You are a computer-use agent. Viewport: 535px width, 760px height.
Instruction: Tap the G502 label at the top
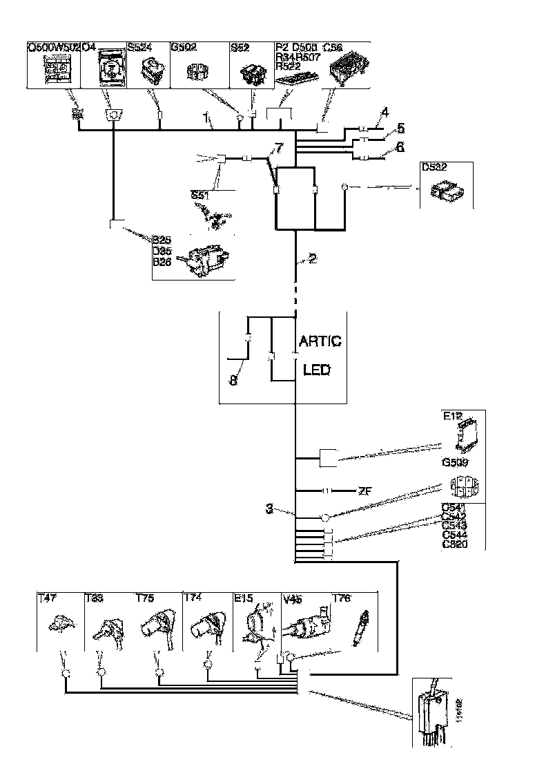[183, 48]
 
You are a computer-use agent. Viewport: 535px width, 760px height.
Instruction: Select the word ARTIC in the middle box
[320, 342]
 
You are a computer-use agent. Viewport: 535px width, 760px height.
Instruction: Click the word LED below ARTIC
[317, 370]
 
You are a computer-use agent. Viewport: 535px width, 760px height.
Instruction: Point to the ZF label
[367, 491]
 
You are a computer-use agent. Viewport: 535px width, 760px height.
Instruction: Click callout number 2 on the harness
[313, 259]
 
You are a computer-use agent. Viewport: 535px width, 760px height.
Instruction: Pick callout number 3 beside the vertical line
[271, 510]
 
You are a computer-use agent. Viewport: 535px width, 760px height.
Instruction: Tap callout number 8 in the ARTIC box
[233, 381]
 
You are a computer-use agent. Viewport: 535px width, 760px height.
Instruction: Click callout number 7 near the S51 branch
[278, 148]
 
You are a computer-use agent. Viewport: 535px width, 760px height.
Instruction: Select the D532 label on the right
[434, 168]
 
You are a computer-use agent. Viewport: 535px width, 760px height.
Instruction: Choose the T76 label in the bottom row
[342, 598]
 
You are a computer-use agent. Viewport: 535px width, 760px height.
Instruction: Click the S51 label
[200, 196]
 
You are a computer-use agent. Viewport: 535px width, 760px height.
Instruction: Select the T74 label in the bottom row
[194, 598]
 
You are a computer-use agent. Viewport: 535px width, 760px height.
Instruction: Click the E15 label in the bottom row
[244, 598]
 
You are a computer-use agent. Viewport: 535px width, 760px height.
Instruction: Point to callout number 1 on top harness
[207, 119]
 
